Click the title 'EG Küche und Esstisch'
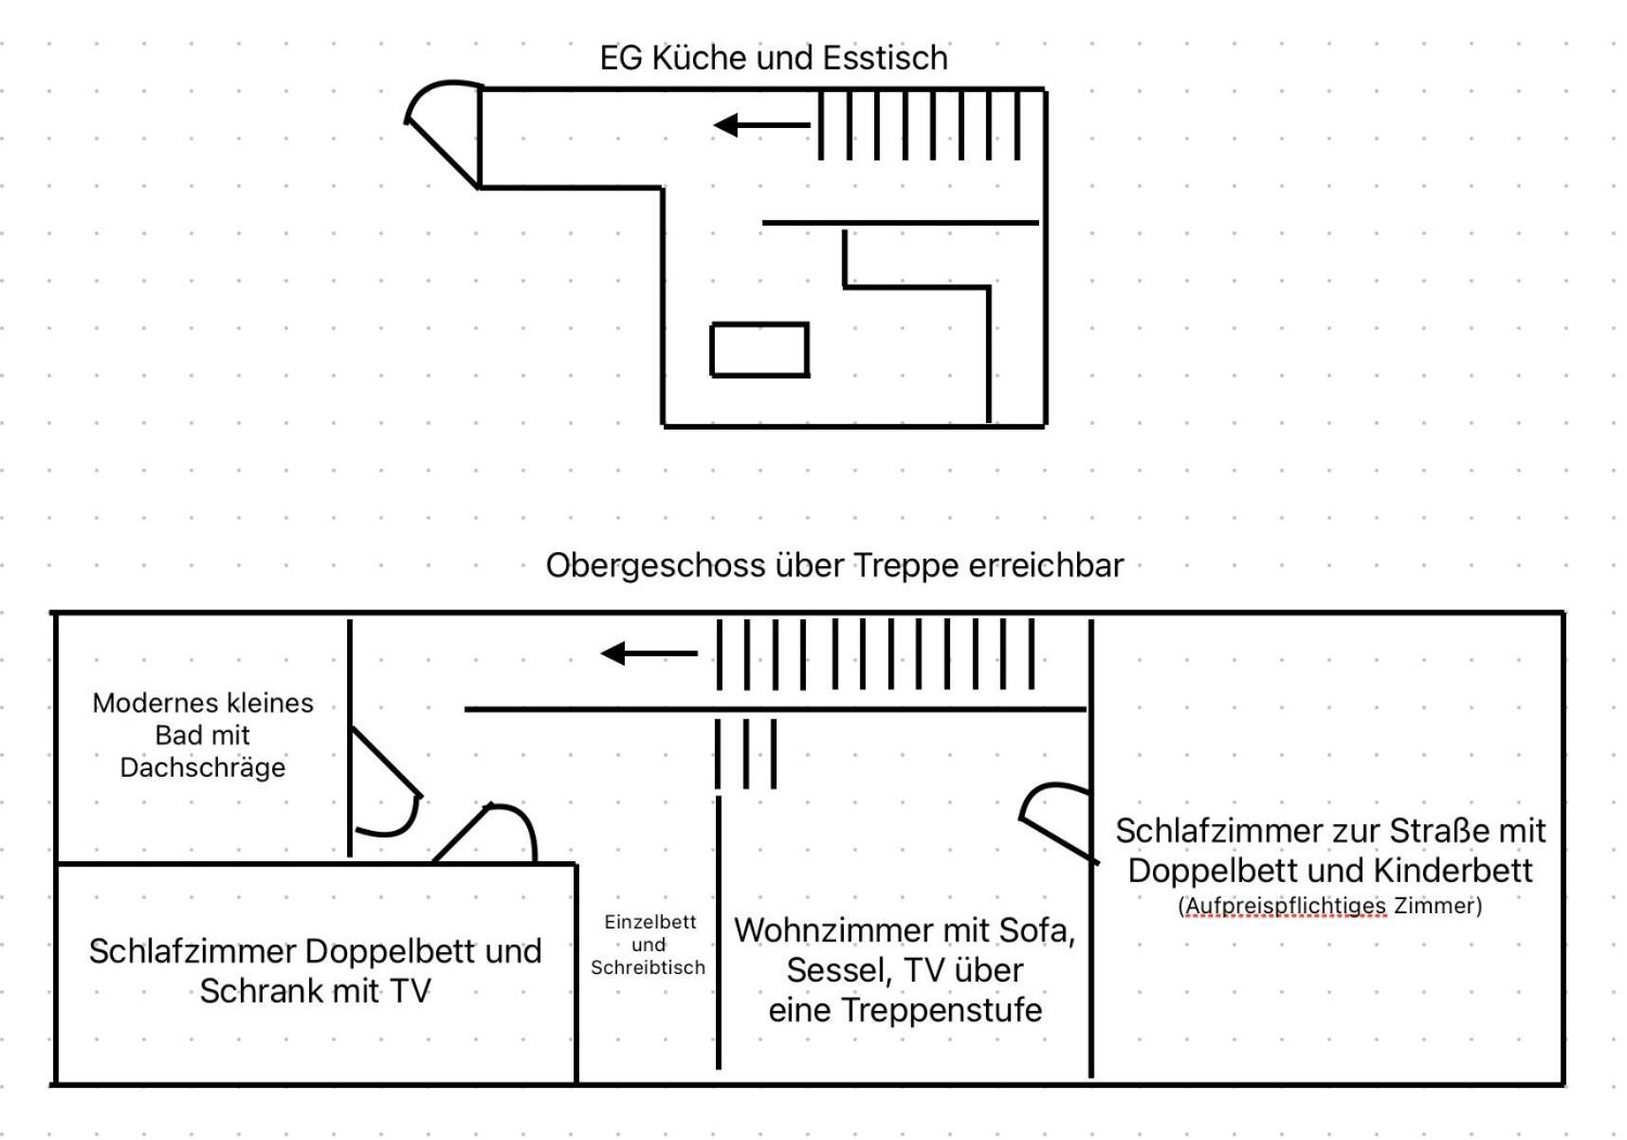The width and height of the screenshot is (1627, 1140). point(774,58)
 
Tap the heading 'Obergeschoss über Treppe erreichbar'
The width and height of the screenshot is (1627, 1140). point(834,565)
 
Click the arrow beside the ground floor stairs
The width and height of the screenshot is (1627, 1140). point(762,124)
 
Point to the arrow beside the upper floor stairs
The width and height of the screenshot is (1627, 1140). point(649,653)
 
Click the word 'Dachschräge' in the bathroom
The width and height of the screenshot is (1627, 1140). point(202,767)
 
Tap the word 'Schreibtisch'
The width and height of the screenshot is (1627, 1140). point(648,967)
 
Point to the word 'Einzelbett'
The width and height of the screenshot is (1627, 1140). point(649,922)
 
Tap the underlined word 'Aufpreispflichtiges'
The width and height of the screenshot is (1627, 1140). point(1286,906)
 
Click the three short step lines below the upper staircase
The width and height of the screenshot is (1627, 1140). point(746,754)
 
